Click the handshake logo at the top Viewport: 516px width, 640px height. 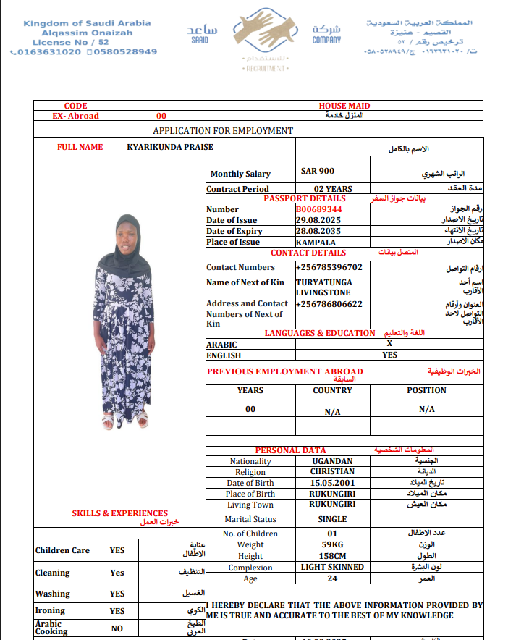click(258, 33)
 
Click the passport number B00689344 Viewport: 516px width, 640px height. click(318, 209)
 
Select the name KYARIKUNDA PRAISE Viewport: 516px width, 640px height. click(170, 147)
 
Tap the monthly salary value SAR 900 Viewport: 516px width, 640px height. click(317, 172)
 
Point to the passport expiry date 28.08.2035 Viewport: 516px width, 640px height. click(318, 231)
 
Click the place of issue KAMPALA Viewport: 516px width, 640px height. click(316, 242)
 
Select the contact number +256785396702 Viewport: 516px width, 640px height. click(329, 267)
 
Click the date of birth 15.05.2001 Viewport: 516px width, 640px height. click(332, 483)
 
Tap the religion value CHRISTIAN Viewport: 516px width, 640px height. click(332, 472)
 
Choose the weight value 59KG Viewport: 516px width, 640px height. click(332, 544)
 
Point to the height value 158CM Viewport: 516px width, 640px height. click(332, 556)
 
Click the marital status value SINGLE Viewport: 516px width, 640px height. click(332, 519)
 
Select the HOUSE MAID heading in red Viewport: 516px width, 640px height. click(344, 106)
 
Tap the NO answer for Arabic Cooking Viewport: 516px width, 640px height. click(117, 628)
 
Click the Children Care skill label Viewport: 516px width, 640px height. click(62, 550)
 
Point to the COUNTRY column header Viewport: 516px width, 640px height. click(332, 390)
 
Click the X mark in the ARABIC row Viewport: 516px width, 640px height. click(389, 345)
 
